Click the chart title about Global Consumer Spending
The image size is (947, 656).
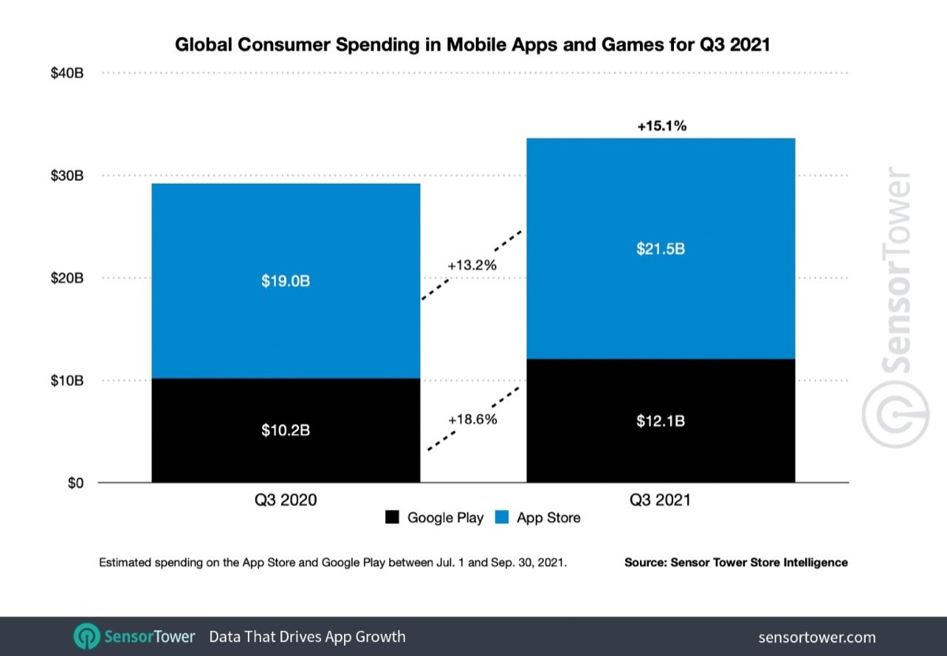click(472, 46)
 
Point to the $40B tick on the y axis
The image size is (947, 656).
click(67, 73)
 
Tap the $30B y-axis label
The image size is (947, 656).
click(67, 175)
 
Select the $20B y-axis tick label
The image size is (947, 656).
click(67, 278)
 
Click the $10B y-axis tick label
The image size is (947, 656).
click(67, 380)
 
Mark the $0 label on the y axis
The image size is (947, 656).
click(76, 483)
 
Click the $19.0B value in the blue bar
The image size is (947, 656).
click(286, 281)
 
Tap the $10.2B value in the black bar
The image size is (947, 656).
click(286, 431)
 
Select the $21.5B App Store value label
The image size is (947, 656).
click(661, 249)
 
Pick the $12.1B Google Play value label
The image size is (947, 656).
click(661, 421)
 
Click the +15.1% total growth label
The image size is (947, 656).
click(661, 125)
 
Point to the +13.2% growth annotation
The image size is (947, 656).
click(472, 265)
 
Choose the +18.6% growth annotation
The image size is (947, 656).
click(472, 419)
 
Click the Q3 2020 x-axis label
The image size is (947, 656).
click(286, 500)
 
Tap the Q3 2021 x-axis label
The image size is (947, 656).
click(661, 500)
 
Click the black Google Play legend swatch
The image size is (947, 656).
click(392, 518)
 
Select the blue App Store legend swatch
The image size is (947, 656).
click(501, 518)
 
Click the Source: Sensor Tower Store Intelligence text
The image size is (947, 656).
click(736, 563)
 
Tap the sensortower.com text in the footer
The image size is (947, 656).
click(816, 637)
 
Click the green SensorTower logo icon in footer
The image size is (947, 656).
click(86, 636)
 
